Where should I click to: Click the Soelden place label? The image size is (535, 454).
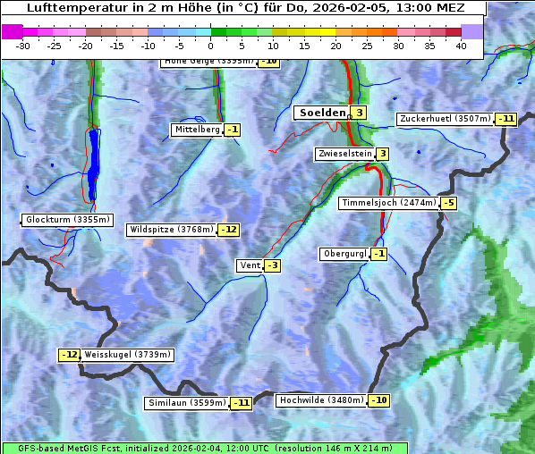pyautogui.click(x=320, y=113)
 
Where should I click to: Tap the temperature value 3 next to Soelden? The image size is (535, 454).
pyautogui.click(x=358, y=113)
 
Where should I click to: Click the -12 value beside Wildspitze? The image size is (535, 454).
pyautogui.click(x=229, y=230)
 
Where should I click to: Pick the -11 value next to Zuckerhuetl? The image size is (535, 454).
pyautogui.click(x=507, y=119)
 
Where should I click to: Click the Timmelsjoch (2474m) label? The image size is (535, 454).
pyautogui.click(x=389, y=203)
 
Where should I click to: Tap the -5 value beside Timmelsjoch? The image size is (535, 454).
pyautogui.click(x=448, y=203)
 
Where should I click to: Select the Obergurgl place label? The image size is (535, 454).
pyautogui.click(x=344, y=254)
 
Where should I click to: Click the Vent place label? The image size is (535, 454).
pyautogui.click(x=250, y=265)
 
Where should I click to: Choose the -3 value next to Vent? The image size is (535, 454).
pyautogui.click(x=272, y=265)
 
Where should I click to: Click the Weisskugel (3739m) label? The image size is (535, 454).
pyautogui.click(x=127, y=355)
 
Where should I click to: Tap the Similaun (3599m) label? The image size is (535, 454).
pyautogui.click(x=187, y=403)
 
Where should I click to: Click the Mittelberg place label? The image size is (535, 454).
pyautogui.click(x=196, y=130)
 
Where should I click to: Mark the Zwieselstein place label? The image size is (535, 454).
pyautogui.click(x=344, y=154)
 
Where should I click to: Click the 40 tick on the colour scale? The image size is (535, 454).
pyautogui.click(x=461, y=45)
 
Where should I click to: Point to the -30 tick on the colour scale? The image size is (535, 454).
pyautogui.click(x=23, y=45)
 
